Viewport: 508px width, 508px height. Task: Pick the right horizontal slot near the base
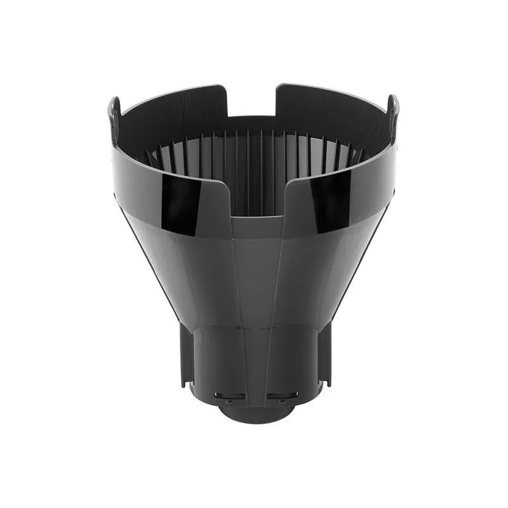[282, 395]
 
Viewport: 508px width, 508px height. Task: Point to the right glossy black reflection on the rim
[330, 202]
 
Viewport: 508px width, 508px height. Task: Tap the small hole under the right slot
[282, 401]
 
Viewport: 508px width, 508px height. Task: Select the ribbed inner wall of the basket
[254, 165]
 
